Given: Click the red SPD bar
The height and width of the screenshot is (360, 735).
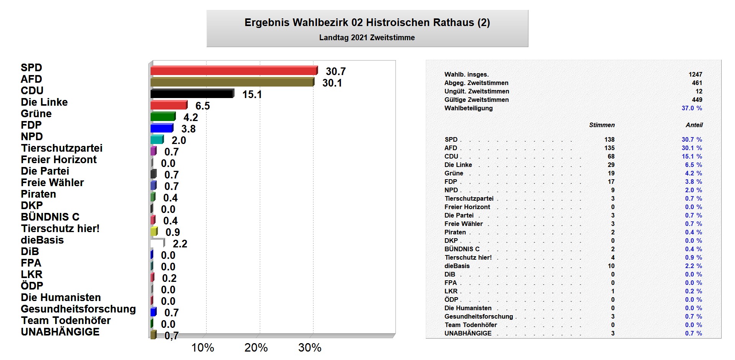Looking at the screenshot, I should [x=234, y=70].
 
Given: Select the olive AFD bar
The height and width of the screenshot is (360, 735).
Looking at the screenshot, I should [x=232, y=82].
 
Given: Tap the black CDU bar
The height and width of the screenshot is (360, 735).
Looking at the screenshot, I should [x=192, y=93].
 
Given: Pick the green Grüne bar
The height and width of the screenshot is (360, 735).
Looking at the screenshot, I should [x=163, y=116].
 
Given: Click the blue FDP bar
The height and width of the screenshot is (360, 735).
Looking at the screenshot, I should [x=162, y=128].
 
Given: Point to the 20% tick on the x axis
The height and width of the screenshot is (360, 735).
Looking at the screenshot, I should [x=256, y=347].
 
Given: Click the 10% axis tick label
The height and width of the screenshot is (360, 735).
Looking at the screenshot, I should [x=202, y=347].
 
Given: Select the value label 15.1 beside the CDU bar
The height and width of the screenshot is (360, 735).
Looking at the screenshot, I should [x=252, y=94].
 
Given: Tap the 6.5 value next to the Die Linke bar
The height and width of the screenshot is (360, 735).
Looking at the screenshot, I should [x=202, y=106].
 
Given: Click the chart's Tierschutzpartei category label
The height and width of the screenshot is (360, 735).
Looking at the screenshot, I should [x=62, y=148].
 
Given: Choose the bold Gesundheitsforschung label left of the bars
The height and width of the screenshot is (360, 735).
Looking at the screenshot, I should [x=78, y=309].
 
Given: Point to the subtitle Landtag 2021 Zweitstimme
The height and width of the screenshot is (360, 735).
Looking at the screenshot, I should [x=367, y=38].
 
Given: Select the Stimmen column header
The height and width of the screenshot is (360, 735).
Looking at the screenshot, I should [x=602, y=125].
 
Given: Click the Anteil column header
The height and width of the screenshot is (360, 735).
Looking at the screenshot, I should [x=694, y=125].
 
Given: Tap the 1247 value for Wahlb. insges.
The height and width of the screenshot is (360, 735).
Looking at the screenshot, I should [x=695, y=74].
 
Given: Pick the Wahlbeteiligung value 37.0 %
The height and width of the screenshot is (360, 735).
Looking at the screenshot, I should [x=692, y=108].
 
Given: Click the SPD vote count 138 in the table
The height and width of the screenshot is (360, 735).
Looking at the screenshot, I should [x=609, y=139].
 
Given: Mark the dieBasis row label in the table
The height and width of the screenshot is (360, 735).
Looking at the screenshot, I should [x=457, y=266].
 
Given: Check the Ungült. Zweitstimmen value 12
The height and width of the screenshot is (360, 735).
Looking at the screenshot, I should [x=699, y=91].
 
